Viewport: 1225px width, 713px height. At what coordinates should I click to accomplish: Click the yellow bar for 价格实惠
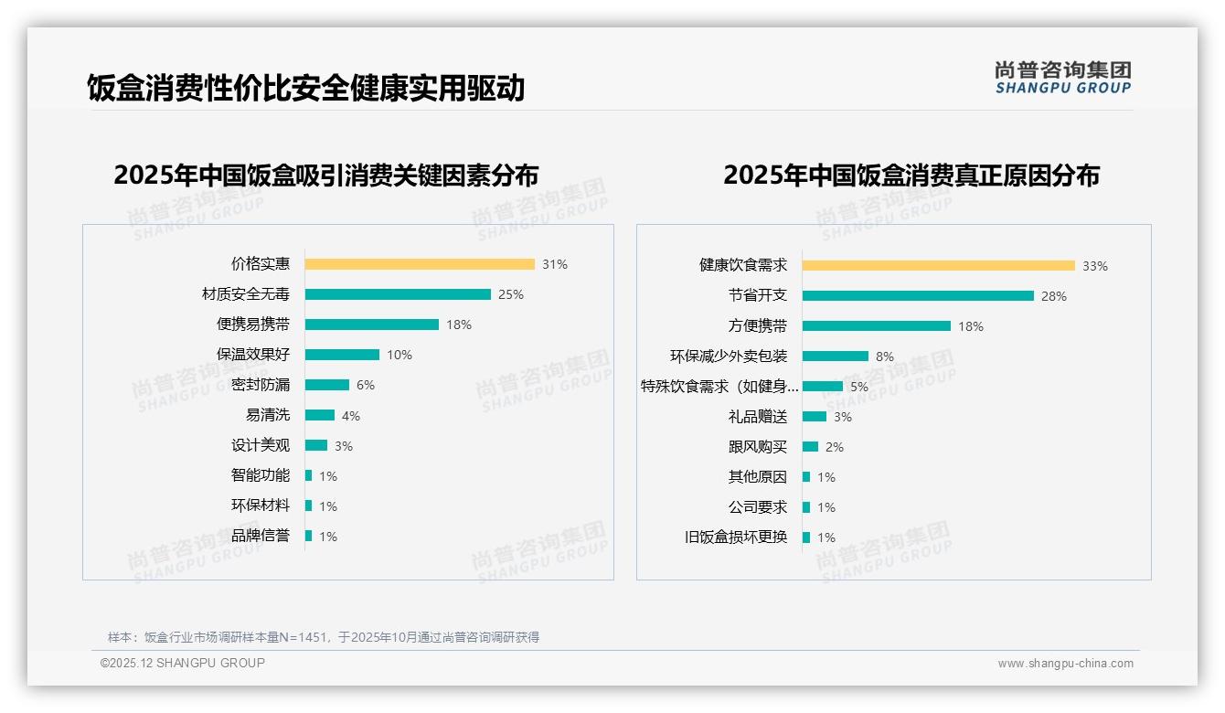(420, 264)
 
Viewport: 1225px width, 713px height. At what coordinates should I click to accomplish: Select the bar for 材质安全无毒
(398, 294)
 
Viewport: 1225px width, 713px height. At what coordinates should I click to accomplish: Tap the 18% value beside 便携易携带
(459, 325)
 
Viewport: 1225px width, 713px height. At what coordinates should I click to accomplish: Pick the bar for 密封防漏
(327, 385)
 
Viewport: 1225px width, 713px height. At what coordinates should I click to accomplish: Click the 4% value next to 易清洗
(351, 416)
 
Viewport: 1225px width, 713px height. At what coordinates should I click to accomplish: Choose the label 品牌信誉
(261, 536)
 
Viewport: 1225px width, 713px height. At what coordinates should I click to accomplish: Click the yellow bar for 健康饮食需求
(939, 266)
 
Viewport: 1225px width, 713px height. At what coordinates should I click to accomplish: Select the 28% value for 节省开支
(1054, 296)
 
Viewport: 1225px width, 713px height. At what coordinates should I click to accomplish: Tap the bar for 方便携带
(877, 326)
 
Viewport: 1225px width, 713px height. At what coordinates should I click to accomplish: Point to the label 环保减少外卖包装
(729, 356)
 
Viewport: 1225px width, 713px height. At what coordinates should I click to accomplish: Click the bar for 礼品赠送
(815, 417)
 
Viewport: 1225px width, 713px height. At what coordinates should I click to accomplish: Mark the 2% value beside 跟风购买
(835, 447)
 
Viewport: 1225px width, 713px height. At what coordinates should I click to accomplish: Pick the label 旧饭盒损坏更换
(736, 537)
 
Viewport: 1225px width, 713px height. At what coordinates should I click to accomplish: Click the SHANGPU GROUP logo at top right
(1063, 78)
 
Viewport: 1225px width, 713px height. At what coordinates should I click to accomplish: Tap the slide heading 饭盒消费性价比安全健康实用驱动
(306, 89)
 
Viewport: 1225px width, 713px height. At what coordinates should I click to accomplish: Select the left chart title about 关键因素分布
(326, 175)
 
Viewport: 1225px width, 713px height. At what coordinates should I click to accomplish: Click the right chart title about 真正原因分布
(911, 175)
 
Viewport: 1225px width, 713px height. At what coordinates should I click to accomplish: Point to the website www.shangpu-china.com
(1065, 664)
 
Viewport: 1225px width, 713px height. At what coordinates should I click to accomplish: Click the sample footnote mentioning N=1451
(324, 637)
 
